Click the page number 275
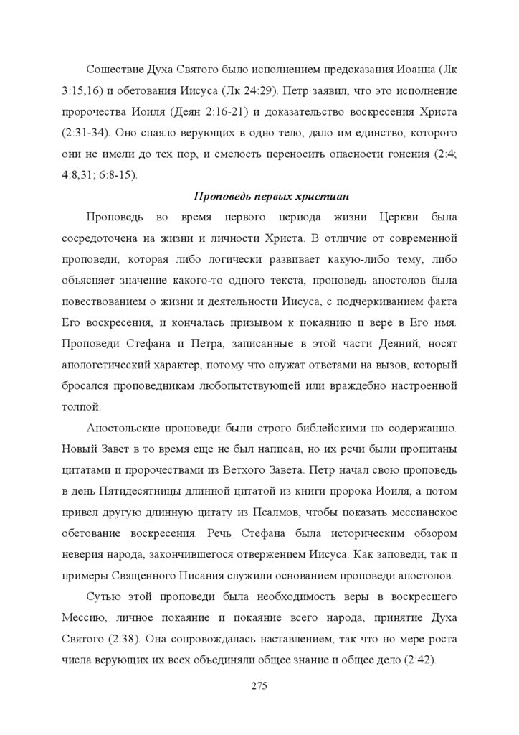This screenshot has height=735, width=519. [259, 685]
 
